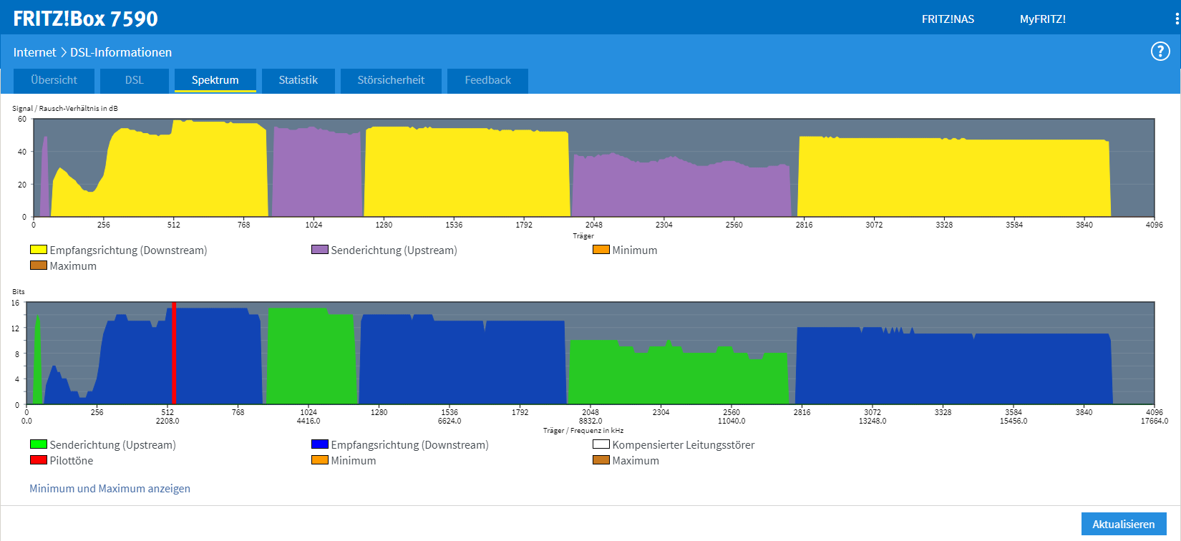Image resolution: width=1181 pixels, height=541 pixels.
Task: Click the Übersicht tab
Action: pos(54,80)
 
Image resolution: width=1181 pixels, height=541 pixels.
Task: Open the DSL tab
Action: pos(135,80)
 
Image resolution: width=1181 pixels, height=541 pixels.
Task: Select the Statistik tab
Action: pos(298,80)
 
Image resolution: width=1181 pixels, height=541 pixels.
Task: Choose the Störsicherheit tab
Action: pos(391,80)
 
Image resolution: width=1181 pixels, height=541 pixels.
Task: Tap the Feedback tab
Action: pos(487,80)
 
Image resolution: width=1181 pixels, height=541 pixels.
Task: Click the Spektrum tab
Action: pos(215,80)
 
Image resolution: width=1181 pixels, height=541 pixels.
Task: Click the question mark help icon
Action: pos(1160,52)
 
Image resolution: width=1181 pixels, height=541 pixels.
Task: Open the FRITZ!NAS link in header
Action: pos(948,19)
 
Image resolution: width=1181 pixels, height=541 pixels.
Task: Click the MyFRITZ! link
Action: pos(1042,19)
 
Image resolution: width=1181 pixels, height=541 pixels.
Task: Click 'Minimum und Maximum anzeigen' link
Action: pos(110,489)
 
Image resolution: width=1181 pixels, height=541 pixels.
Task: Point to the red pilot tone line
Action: pos(173,354)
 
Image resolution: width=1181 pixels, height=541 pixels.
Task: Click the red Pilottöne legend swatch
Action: pos(39,460)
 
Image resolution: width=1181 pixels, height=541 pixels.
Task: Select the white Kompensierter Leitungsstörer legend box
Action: pos(601,444)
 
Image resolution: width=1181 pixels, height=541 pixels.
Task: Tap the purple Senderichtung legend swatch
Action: pos(320,250)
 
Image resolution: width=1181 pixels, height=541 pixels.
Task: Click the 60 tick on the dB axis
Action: pos(22,120)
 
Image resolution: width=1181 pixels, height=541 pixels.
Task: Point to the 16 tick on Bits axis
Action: pos(16,303)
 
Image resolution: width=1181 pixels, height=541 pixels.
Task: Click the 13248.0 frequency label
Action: pos(873,421)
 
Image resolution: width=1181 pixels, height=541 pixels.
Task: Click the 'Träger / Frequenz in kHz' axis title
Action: pos(583,431)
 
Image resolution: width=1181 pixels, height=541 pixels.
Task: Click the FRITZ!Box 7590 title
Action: pos(85,19)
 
